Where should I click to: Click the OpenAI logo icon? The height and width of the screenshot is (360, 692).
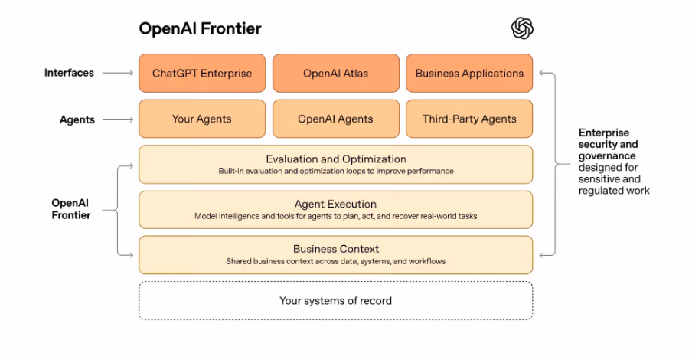[522, 28]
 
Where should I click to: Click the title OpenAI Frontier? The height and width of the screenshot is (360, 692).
[200, 28]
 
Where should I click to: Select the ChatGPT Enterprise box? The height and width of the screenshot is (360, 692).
[202, 74]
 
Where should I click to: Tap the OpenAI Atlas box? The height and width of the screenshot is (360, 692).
[335, 74]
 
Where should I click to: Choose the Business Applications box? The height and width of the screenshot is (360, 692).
[469, 74]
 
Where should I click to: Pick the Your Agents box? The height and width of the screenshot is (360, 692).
[202, 119]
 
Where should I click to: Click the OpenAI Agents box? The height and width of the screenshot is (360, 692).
[335, 119]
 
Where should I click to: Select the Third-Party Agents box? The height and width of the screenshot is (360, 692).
[469, 119]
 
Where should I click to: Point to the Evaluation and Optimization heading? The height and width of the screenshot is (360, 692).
[335, 159]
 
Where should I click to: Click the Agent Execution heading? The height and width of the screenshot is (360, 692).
[335, 205]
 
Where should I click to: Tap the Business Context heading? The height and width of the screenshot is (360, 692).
[335, 249]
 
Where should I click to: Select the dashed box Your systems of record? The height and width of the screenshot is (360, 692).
[335, 300]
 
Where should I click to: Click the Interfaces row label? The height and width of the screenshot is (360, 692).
[69, 73]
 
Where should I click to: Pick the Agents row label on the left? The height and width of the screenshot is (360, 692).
[77, 119]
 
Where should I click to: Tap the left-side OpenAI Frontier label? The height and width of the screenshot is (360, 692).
[71, 209]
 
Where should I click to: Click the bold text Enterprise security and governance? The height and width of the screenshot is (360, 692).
[608, 144]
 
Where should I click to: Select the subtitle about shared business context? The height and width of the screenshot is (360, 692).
[335, 261]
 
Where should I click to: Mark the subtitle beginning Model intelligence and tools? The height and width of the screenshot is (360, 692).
[335, 216]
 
